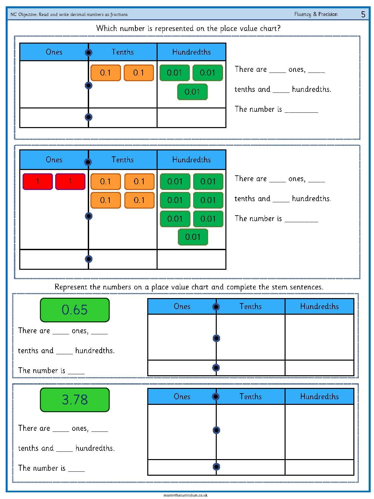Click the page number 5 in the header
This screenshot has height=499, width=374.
363,14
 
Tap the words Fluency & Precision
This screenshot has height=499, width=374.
315,14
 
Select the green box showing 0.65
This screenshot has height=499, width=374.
75,310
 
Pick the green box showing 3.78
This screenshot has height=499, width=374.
75,400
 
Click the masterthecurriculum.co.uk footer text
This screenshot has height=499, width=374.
185,495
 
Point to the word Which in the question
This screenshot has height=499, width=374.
107,28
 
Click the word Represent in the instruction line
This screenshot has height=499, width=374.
71,287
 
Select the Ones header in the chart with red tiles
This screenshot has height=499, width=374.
54,160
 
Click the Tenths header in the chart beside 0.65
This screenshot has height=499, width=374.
250,306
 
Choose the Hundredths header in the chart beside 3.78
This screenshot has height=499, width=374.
319,396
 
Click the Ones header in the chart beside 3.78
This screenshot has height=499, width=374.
182,396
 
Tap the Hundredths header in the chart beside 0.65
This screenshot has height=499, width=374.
319,306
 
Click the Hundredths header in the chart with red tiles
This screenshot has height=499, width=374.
191,160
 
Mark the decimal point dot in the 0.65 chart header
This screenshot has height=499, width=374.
216,307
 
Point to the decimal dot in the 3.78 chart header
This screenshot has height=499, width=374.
216,397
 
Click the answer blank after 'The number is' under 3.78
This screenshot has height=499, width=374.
76,471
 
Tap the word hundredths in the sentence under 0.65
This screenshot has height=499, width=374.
95,350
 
